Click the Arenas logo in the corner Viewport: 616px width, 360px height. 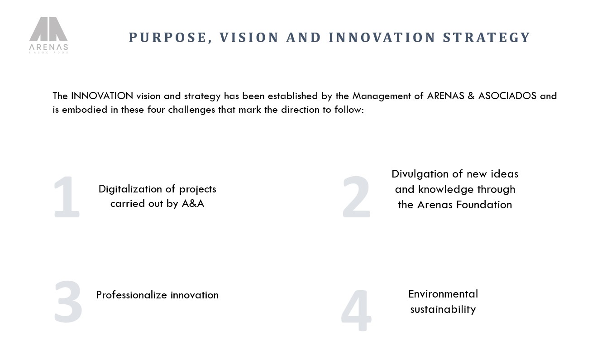point(48,35)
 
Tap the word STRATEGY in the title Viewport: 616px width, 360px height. point(486,38)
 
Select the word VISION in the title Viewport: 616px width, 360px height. point(249,38)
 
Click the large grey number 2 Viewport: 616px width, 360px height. point(357,197)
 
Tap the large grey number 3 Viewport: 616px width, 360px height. point(68,302)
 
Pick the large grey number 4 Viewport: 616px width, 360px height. point(356,310)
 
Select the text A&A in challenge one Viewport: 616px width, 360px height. point(193,203)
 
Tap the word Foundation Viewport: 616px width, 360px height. point(484,205)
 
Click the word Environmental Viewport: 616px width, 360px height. point(443,294)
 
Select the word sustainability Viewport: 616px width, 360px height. point(443,310)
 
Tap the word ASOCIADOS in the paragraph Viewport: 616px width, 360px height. point(507,96)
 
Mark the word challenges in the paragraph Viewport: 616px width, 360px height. point(191,110)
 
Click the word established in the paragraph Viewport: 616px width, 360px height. point(292,96)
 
